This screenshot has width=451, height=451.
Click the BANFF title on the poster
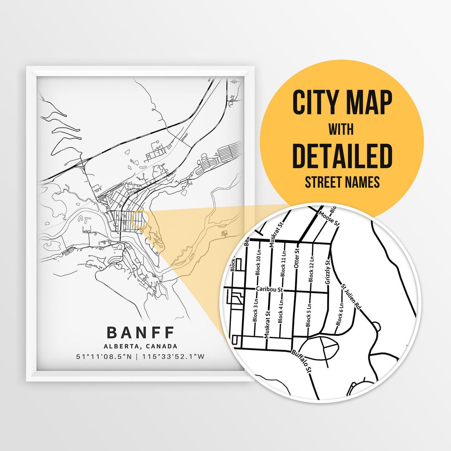tap(141, 333)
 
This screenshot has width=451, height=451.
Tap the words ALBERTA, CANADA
tap(141, 346)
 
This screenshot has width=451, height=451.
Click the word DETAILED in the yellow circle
tap(342, 155)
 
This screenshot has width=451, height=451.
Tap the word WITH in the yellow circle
tap(342, 129)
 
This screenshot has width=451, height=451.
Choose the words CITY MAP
tap(342, 103)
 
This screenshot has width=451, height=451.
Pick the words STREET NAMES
tap(342, 182)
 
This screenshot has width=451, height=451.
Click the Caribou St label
tap(270, 289)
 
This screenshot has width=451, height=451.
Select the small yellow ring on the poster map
tap(139, 219)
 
